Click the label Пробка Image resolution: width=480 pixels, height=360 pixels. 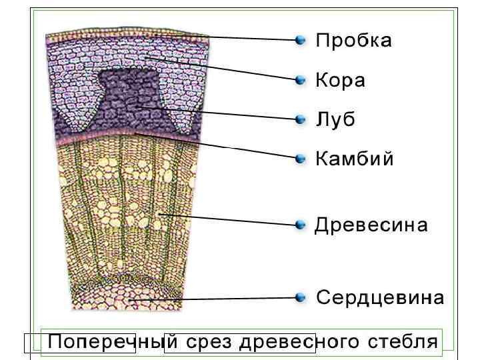[x=353, y=41]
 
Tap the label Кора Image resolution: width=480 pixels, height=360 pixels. [x=340, y=81]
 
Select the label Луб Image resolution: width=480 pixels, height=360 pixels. [x=335, y=120]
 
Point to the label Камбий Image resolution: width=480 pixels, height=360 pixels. [x=354, y=159]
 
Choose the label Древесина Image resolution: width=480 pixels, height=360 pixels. [x=371, y=225]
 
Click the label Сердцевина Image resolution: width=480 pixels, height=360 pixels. [x=379, y=297]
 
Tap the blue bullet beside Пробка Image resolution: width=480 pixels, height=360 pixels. [x=301, y=40]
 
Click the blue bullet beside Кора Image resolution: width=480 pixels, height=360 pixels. [x=301, y=80]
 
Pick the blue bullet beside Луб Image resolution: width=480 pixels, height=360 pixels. [x=301, y=119]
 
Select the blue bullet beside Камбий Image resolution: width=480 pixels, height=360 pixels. [x=301, y=159]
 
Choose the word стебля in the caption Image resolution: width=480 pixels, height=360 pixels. [x=402, y=343]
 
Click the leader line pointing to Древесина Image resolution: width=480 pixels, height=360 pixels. [x=227, y=220]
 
